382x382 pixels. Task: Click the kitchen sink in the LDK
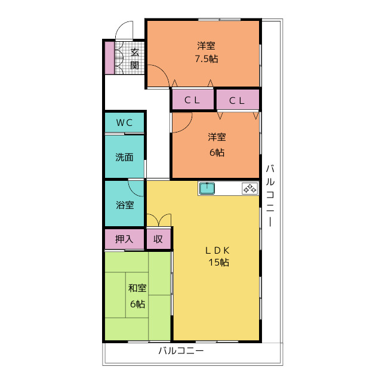[207, 189]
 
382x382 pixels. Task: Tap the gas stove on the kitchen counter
[249, 189]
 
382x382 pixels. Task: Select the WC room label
[124, 122]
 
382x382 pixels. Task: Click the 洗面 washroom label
[124, 157]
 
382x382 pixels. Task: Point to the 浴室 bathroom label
[125, 205]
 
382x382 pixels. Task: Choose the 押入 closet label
[124, 239]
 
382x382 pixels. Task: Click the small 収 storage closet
[159, 239]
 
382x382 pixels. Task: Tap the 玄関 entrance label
[134, 58]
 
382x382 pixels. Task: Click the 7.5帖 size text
[207, 59]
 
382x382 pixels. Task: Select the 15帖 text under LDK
[218, 263]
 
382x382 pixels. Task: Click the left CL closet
[193, 100]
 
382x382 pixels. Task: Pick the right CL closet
[238, 100]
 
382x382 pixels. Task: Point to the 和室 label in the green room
[137, 288]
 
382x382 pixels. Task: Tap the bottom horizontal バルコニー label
[181, 351]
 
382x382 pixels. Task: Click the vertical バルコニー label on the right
[270, 196]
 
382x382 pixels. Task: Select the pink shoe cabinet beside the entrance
[110, 58]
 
